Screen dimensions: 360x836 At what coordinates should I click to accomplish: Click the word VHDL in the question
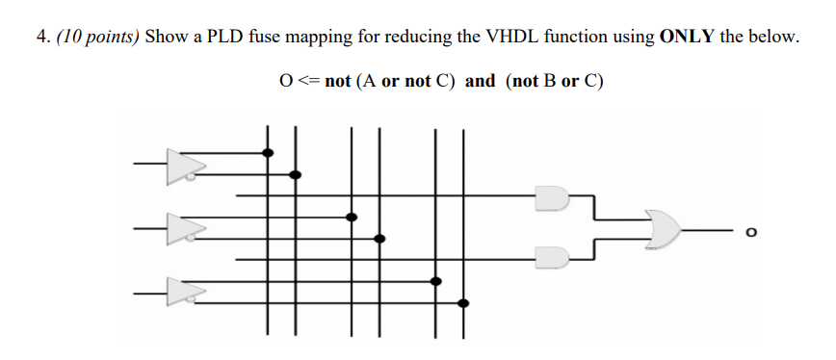pyautogui.click(x=508, y=38)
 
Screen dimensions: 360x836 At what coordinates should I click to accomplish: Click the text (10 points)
pyautogui.click(x=99, y=38)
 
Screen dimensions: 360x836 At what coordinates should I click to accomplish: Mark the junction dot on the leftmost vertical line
pyautogui.click(x=268, y=152)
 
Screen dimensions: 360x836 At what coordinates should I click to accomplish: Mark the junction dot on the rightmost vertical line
pyautogui.click(x=464, y=303)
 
